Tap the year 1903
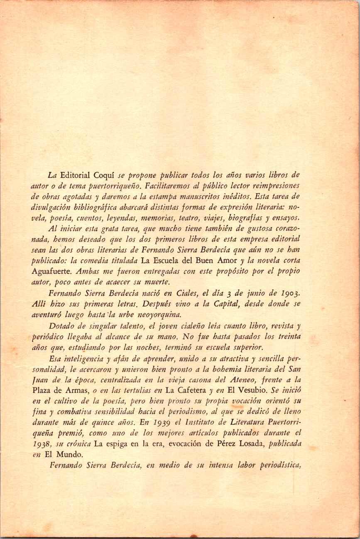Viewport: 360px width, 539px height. (x=289, y=292)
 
